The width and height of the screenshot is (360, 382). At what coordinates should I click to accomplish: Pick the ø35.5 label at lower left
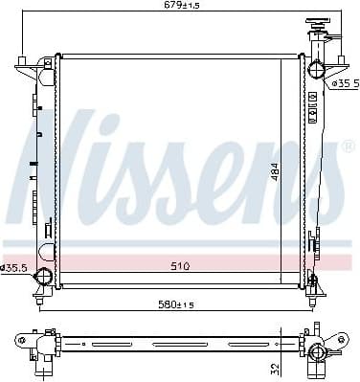[14, 266]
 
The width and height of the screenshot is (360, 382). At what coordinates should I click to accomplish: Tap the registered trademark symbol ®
[347, 146]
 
